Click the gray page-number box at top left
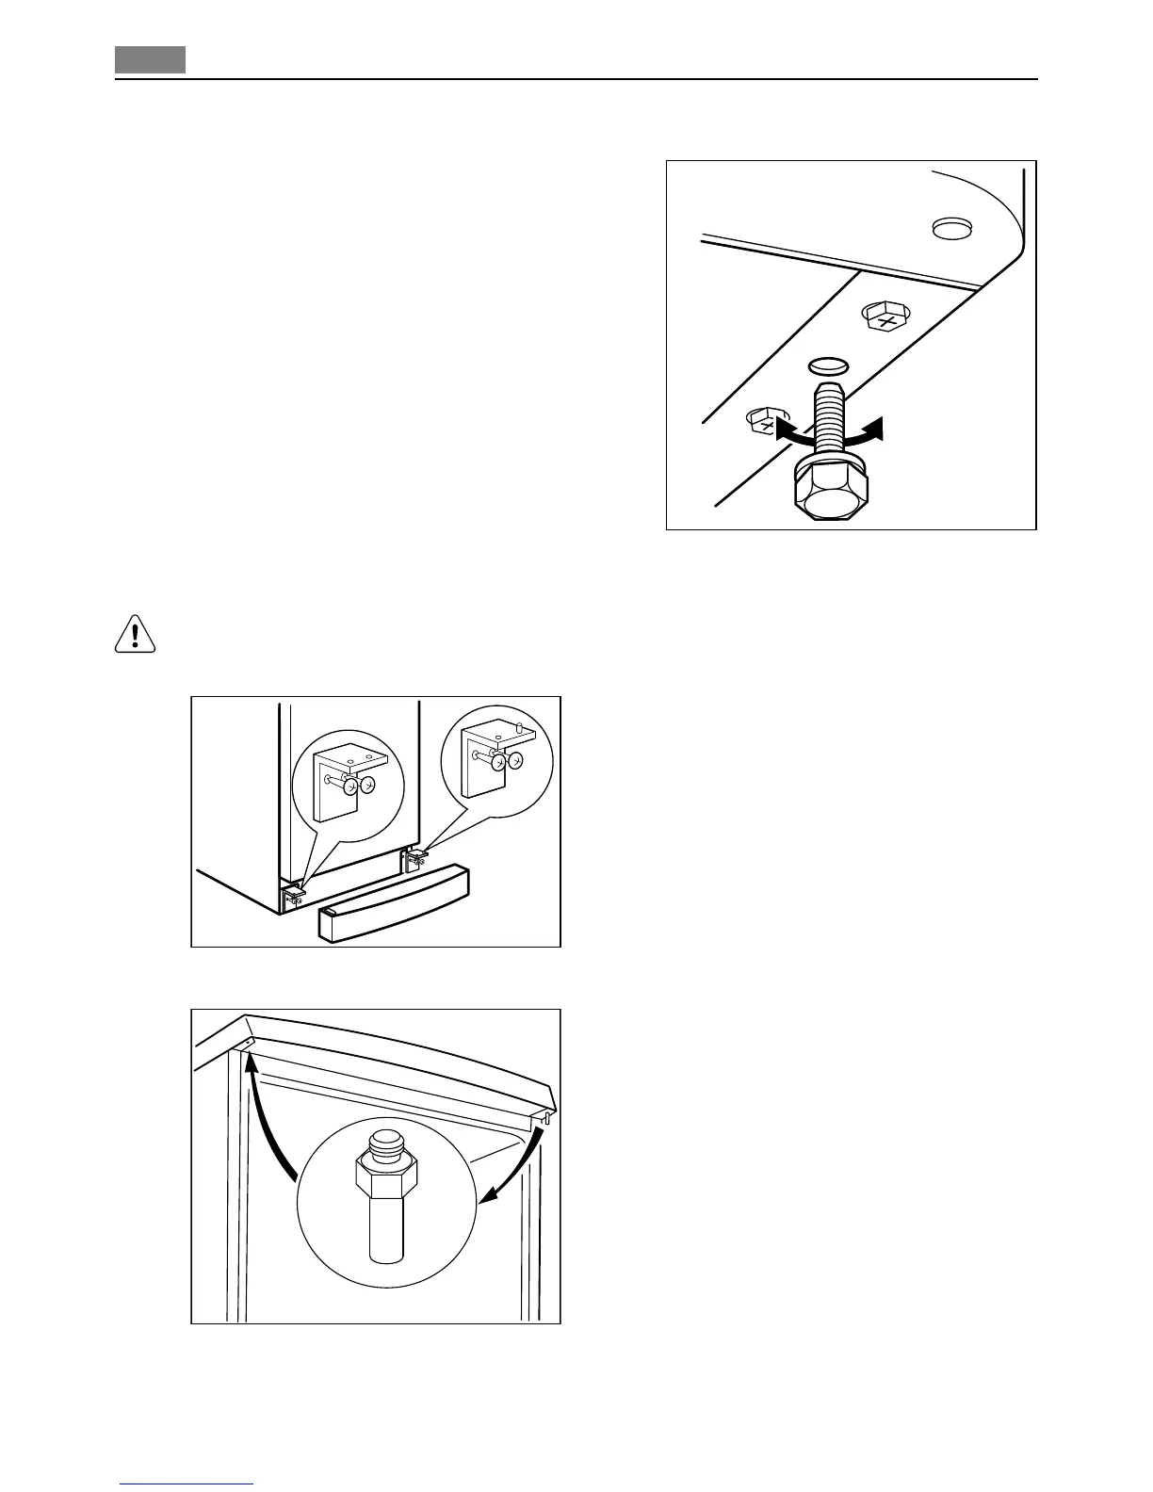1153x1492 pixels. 151,60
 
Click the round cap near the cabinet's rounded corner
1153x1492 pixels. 950,228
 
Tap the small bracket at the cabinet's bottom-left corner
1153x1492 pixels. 292,894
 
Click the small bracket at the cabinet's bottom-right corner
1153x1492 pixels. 415,858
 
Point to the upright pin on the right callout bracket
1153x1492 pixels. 518,726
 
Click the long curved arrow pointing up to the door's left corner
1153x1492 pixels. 267,1121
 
